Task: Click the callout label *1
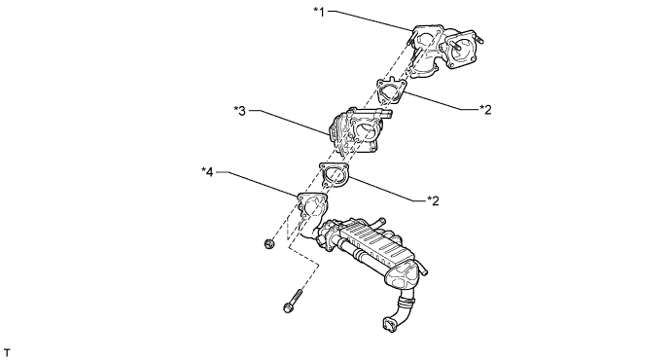click(320, 12)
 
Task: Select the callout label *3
click(240, 111)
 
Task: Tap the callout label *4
click(207, 172)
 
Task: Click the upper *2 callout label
click(485, 110)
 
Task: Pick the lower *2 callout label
click(434, 200)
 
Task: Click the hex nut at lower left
click(269, 244)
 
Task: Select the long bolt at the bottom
click(293, 301)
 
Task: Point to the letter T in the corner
click(7, 353)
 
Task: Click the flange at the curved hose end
click(388, 324)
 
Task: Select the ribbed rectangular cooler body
click(372, 244)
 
